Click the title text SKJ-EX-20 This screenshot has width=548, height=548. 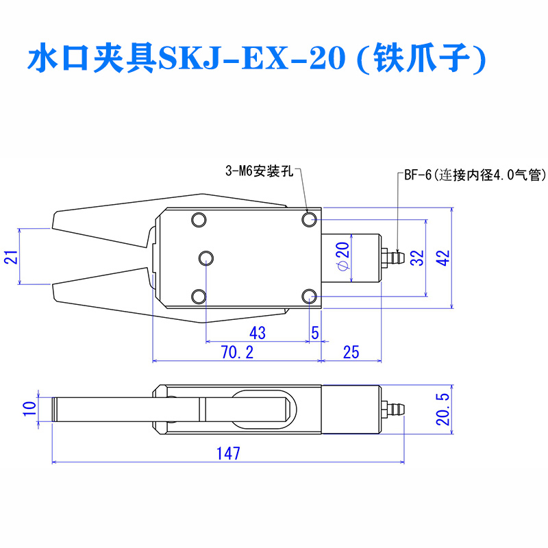click(252, 58)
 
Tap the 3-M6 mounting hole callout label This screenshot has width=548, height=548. click(260, 172)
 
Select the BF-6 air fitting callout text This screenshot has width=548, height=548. click(475, 175)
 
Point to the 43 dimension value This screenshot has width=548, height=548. click(258, 333)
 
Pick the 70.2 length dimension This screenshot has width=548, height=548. click(237, 352)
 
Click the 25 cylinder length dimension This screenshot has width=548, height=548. click(351, 352)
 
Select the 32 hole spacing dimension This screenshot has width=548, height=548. click(417, 258)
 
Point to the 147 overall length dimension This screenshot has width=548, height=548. click(228, 453)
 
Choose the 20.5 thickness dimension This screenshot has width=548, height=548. click(443, 409)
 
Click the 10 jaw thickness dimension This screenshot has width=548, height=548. click(29, 408)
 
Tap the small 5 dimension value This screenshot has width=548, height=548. click(315, 333)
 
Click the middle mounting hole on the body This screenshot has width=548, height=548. click(206, 258)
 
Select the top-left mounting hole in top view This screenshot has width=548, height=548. click(199, 220)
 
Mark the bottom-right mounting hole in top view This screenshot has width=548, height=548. click(310, 297)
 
